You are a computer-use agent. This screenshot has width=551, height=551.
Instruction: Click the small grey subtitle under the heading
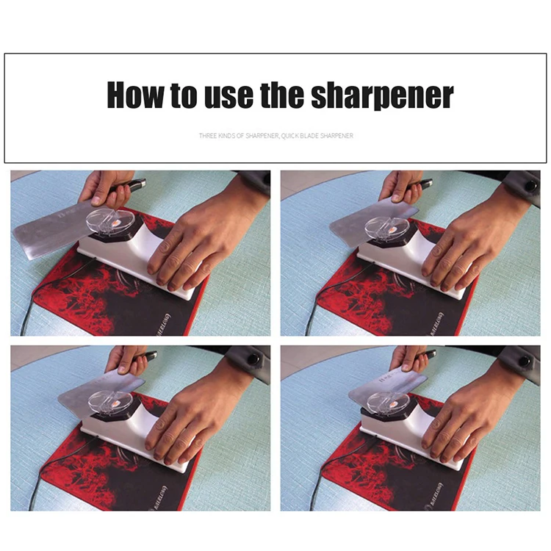pyautogui.click(x=275, y=136)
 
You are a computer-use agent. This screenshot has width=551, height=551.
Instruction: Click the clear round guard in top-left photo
pyautogui.click(x=111, y=220)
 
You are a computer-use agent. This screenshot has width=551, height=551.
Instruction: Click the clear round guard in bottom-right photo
pyautogui.click(x=387, y=401)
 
